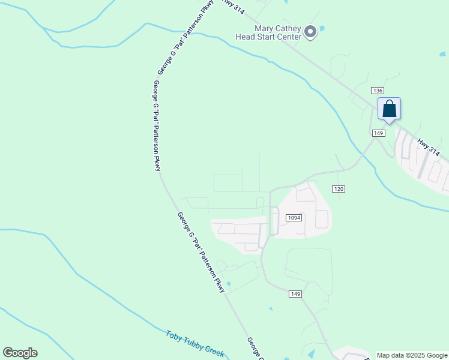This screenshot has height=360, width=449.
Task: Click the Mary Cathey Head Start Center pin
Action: (x=310, y=32)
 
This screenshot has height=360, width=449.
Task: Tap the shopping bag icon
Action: (x=389, y=109)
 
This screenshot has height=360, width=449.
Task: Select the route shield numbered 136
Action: (x=377, y=90)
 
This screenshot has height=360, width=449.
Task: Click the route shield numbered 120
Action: (x=339, y=189)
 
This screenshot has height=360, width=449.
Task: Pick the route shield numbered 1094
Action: (x=294, y=218)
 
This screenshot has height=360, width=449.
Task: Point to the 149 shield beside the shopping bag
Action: (x=378, y=133)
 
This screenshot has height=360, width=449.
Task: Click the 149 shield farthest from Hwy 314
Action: (x=295, y=293)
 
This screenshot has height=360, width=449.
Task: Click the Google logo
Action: (x=20, y=353)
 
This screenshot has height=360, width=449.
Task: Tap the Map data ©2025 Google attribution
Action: (x=412, y=355)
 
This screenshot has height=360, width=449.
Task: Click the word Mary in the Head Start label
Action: (x=265, y=28)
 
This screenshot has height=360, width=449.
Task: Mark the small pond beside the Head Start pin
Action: (x=322, y=28)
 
